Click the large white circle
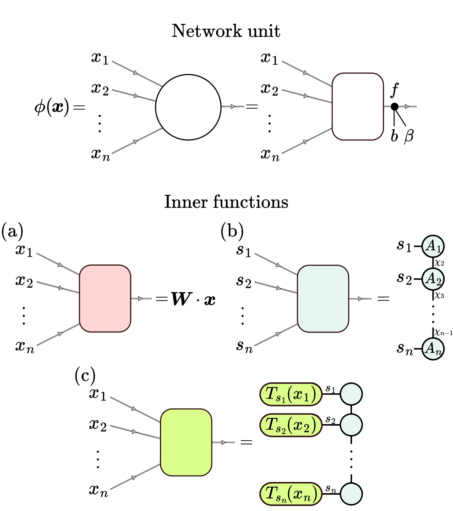[x=188, y=107]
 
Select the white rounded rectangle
[x=358, y=106]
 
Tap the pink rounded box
[x=105, y=298]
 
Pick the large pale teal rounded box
[x=323, y=299]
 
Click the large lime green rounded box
[x=186, y=442]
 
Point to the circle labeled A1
[x=433, y=246]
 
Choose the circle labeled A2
[x=433, y=279]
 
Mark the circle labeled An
[x=433, y=349]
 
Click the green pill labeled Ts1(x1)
[x=291, y=394]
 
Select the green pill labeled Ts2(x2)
[x=291, y=425]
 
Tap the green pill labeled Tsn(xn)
[x=291, y=494]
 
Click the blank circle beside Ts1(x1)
[x=351, y=394]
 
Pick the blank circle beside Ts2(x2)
[x=351, y=425]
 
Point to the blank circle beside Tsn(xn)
[x=351, y=494]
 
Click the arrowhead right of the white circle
[x=233, y=106]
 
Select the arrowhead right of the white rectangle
[x=407, y=106]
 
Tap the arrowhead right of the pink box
[x=140, y=299]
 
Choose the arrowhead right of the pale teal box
[x=360, y=299]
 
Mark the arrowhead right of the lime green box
[x=223, y=442]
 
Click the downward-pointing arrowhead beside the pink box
[x=60, y=334]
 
